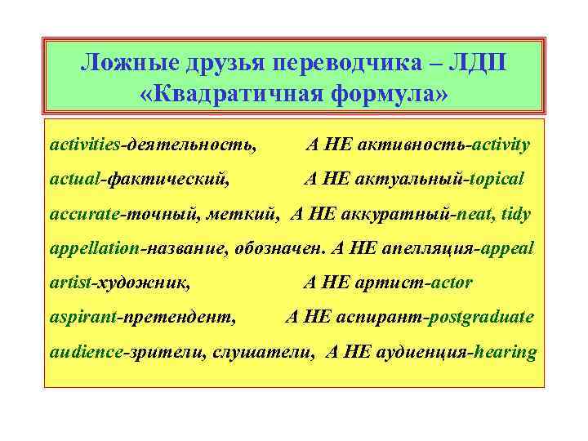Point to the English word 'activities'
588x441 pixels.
point(85,145)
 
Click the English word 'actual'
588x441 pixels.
point(72,179)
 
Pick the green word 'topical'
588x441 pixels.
point(495,179)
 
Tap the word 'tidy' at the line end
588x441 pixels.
point(516,213)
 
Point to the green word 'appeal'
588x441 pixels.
point(506,247)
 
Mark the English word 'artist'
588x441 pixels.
point(71,283)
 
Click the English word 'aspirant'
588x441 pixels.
point(81,317)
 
